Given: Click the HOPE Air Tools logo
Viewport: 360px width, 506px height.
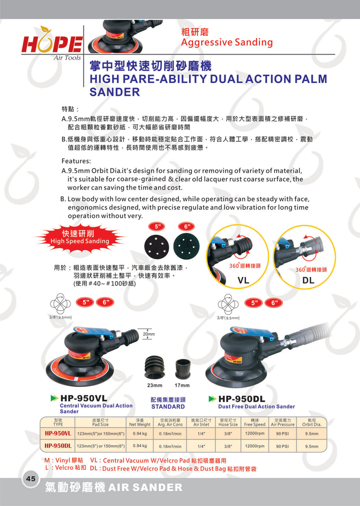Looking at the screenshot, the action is pos(51,44).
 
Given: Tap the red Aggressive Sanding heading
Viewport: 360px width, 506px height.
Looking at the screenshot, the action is pos(227,42).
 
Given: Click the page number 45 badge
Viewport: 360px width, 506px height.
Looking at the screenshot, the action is pos(30,478).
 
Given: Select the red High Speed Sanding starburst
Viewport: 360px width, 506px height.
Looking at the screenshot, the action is pos(79,238).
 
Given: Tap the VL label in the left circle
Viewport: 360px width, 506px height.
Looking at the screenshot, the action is pos(243,280).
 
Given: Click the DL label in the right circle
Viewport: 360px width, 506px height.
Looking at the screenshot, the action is pos(308,280).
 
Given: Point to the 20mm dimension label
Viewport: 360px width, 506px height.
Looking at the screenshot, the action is pos(148,334).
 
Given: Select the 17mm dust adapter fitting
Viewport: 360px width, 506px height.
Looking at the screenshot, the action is pos(182,368).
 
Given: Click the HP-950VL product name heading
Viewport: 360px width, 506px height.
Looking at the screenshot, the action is pos(84,398).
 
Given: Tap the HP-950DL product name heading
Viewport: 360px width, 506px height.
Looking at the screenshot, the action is pos(241,399).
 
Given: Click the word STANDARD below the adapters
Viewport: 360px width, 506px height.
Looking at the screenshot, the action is pos(168,406).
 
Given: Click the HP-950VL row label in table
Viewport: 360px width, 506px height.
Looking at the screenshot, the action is pos(58,433).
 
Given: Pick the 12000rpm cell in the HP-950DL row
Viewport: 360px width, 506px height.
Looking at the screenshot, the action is pos(254,446).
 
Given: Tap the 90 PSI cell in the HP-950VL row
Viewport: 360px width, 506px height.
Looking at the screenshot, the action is pos(282,434).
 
